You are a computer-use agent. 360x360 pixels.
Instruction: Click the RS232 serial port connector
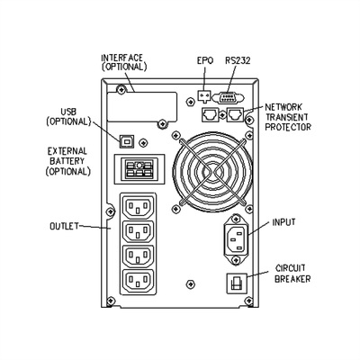point(229,98)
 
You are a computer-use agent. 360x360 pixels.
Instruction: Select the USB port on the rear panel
point(127,141)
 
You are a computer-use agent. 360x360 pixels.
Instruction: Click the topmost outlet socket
point(138,206)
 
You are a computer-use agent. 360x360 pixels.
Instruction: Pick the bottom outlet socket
point(138,281)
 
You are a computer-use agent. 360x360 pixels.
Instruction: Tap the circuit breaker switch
point(237,283)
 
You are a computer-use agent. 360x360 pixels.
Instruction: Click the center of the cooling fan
point(212,172)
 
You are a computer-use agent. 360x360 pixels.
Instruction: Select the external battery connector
point(139,168)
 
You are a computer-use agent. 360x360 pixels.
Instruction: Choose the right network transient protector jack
point(235,114)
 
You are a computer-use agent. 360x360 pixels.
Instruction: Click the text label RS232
point(238,60)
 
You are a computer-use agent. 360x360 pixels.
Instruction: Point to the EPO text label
point(205,60)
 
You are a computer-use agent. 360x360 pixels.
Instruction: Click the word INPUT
point(283,222)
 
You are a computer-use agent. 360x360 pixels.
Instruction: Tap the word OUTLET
point(64,226)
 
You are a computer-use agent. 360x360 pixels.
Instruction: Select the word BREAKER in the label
point(292,279)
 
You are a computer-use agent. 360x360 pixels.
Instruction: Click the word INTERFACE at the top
point(122,58)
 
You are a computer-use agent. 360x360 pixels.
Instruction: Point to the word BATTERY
point(67,161)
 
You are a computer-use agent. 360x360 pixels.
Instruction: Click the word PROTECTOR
point(288,127)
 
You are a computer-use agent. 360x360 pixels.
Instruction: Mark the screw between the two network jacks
point(222,114)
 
